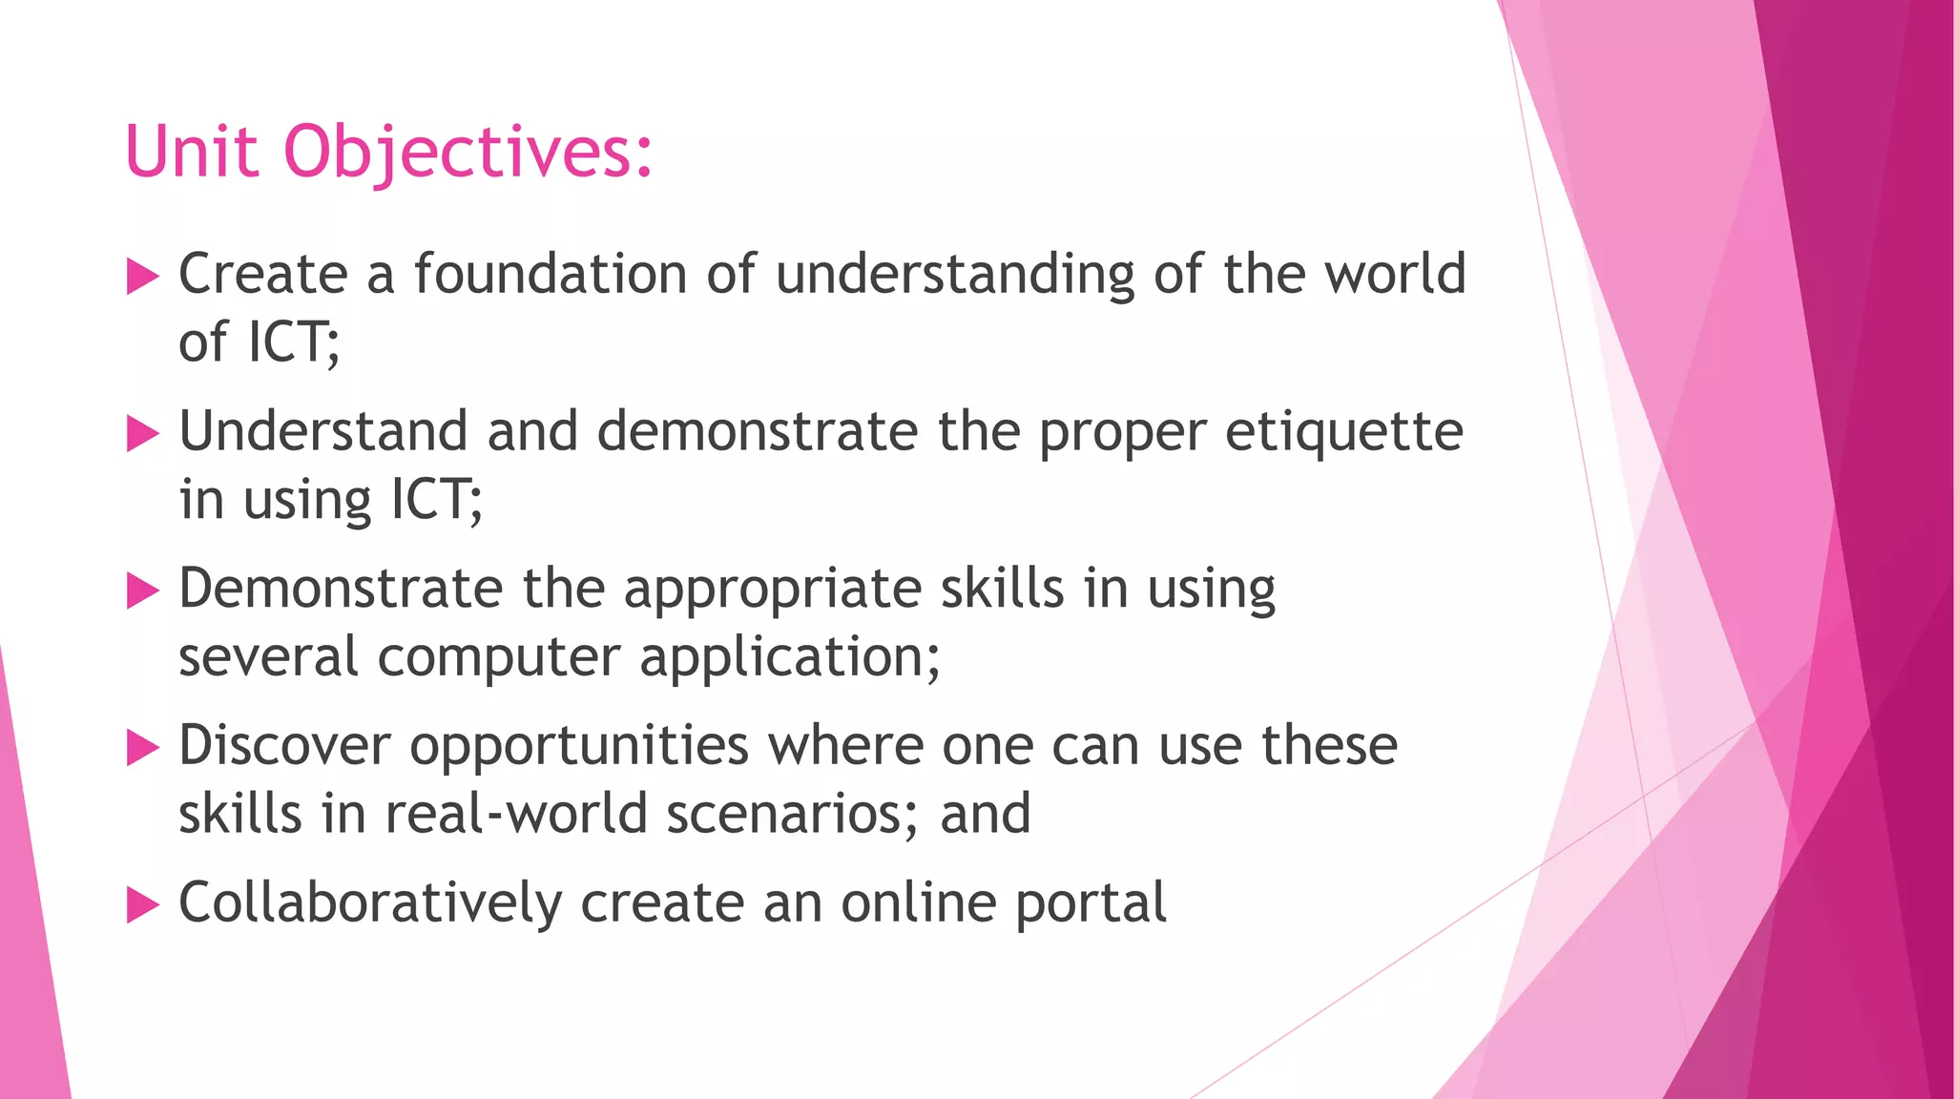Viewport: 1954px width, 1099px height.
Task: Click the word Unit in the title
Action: point(191,152)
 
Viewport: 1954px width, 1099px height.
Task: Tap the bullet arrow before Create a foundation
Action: point(142,278)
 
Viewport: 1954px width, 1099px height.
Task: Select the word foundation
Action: point(550,275)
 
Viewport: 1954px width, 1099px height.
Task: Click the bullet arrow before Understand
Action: point(142,434)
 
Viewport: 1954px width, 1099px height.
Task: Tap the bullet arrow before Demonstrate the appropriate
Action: point(142,591)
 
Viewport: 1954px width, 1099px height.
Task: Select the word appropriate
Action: point(772,591)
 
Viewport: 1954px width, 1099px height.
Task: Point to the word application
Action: point(782,658)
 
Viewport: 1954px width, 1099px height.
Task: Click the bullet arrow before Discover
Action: point(142,749)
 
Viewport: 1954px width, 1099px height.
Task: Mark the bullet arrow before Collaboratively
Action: point(142,905)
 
